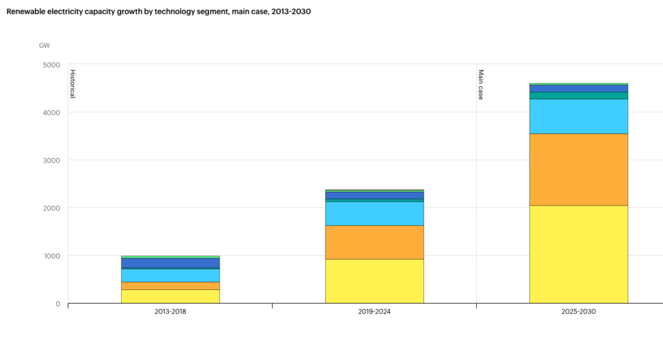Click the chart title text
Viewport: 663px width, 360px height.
click(x=158, y=12)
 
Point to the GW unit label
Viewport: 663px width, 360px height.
click(x=44, y=45)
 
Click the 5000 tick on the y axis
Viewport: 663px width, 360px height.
click(x=52, y=65)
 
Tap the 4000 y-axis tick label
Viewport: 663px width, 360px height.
click(x=52, y=112)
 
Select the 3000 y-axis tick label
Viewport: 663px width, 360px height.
click(x=52, y=160)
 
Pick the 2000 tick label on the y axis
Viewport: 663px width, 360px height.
click(x=52, y=208)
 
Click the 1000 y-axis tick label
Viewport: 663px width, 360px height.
click(x=52, y=256)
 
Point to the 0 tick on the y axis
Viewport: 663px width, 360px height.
click(x=58, y=304)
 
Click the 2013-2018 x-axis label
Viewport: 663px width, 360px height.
click(x=170, y=312)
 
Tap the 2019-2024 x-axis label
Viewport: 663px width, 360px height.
click(x=374, y=312)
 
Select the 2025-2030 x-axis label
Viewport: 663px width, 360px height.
click(x=579, y=312)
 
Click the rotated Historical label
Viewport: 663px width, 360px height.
click(x=72, y=84)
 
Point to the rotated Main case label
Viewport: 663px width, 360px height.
click(x=480, y=84)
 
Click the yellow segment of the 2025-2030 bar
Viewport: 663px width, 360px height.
click(x=579, y=254)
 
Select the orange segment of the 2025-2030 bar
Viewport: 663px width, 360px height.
click(x=579, y=169)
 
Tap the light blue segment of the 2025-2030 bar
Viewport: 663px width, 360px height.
click(x=579, y=117)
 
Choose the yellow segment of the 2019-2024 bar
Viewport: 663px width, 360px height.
click(x=374, y=281)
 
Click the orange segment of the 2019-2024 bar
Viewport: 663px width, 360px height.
click(x=374, y=242)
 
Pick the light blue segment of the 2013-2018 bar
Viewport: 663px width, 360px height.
click(x=170, y=276)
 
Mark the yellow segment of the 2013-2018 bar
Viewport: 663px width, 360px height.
click(x=170, y=297)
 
